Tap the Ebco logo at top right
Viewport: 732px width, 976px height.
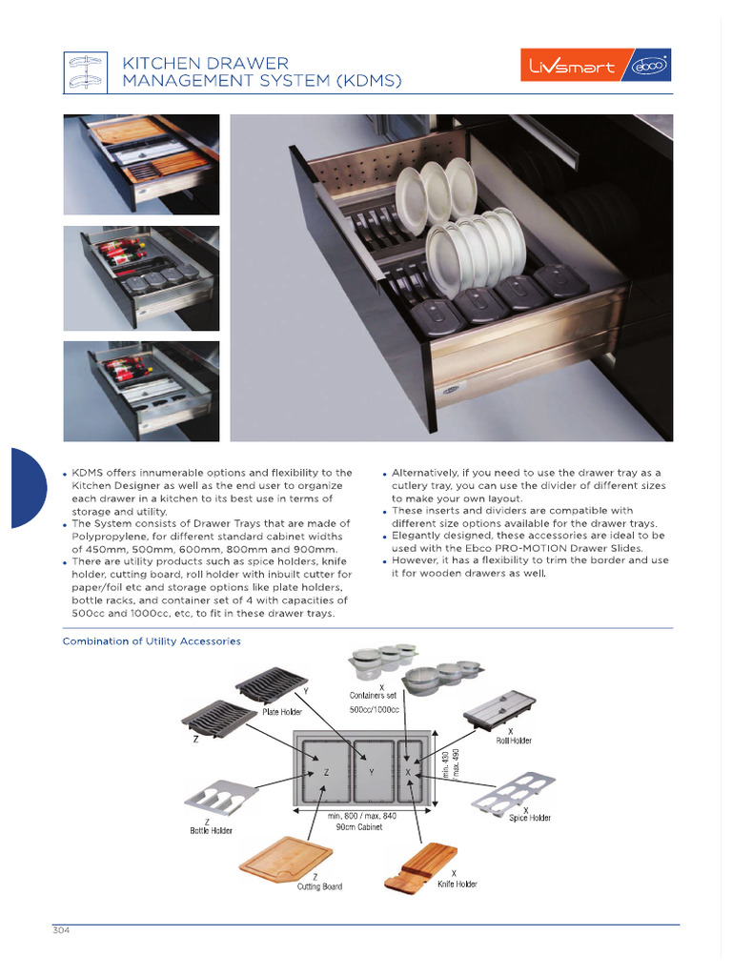[647, 67]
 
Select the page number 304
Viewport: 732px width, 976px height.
[63, 931]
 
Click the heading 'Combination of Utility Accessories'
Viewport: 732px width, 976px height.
[152, 641]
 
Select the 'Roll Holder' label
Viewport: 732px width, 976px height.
[513, 740]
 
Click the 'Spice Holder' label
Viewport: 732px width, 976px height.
[530, 818]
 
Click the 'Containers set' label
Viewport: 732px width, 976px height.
[379, 696]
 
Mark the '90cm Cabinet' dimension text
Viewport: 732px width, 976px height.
[358, 827]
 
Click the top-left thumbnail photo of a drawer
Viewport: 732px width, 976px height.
[141, 165]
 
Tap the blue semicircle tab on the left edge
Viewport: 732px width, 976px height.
[27, 488]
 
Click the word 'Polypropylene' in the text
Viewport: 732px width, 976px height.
[105, 537]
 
